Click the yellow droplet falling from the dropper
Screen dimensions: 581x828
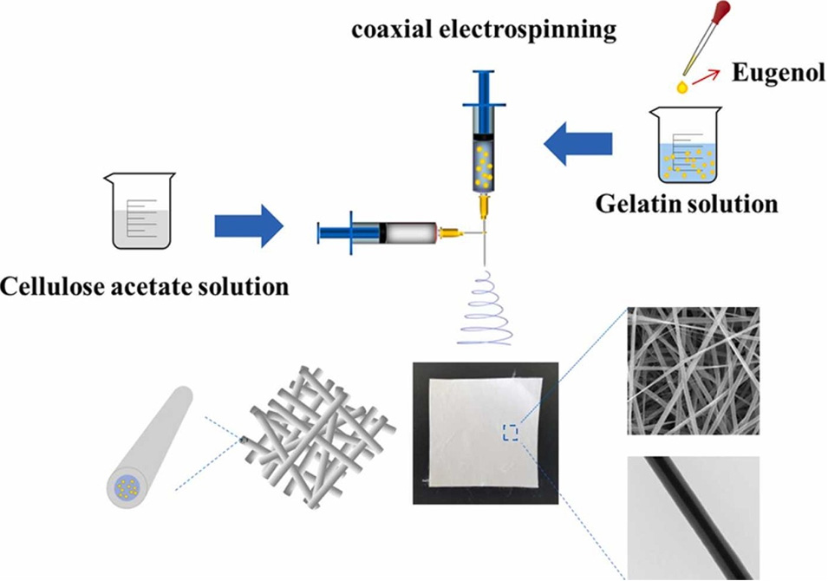682,87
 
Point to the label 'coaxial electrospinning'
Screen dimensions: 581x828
484,30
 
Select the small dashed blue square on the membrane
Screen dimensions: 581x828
509,432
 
